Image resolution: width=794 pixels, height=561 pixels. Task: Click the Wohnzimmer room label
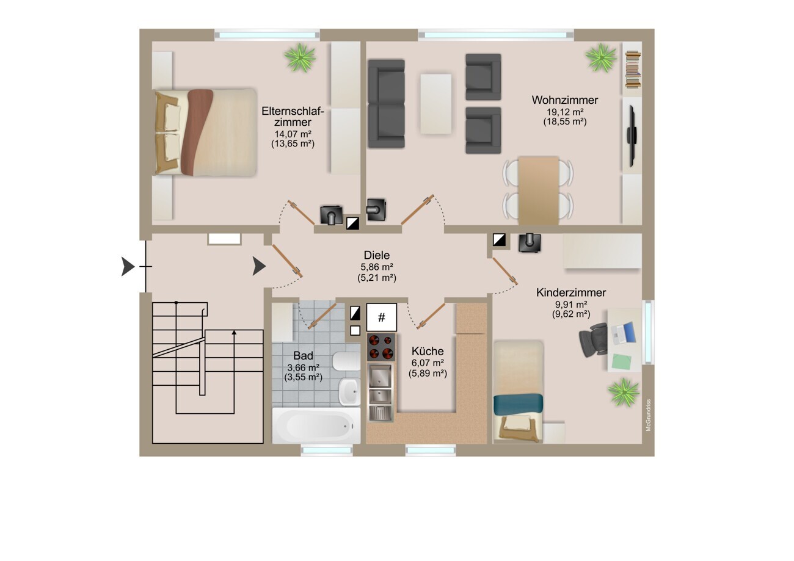565,100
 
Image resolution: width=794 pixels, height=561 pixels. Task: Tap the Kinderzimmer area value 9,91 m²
571,305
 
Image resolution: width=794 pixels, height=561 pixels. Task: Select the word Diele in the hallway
376,255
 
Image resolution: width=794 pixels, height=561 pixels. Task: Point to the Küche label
428,351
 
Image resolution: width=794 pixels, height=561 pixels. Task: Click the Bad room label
303,355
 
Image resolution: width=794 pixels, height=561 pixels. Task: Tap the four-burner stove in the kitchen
381,347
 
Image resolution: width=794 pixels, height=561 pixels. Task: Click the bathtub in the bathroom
316,425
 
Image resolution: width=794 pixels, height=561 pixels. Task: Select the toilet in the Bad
346,361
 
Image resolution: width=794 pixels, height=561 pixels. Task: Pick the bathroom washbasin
349,392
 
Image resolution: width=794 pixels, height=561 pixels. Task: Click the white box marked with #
381,317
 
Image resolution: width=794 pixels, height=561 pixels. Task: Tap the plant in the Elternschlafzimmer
300,57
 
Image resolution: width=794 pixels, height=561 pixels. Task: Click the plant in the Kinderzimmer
624,392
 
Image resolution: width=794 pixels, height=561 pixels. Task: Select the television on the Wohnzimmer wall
632,136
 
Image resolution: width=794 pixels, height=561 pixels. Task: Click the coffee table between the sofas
435,104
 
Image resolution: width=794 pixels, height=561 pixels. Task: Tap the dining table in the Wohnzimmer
539,190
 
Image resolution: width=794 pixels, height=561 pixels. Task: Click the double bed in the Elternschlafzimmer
206,132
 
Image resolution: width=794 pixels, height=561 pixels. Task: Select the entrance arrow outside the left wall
128,266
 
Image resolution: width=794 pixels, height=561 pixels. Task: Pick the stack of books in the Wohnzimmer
633,70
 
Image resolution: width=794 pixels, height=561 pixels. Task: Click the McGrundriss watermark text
648,415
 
